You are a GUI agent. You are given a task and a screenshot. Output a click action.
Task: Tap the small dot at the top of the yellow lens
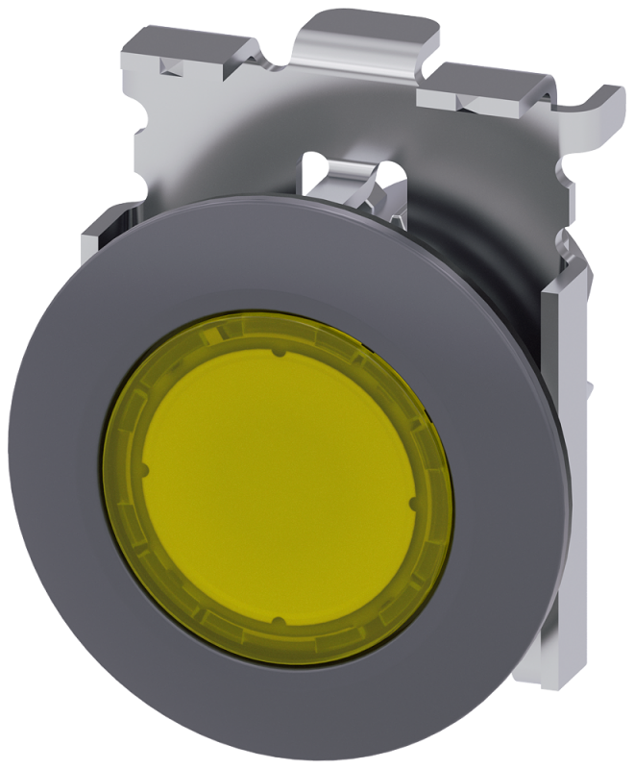coord(278,355)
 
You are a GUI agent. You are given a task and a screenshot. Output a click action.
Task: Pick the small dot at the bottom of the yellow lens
coord(275,622)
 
